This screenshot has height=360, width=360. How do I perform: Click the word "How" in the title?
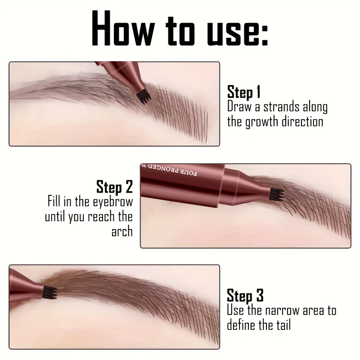123,28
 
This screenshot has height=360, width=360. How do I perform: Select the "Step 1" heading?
244,92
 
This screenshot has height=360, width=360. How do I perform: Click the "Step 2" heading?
115,187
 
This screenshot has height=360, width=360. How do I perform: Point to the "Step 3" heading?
245,296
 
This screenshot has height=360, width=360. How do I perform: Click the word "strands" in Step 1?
281,107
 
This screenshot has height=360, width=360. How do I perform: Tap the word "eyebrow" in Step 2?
113,202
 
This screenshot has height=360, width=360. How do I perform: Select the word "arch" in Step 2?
122,231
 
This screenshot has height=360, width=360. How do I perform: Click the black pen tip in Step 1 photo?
144,97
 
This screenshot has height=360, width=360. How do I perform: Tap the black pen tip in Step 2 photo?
277,195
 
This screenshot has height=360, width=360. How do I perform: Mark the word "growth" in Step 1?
261,122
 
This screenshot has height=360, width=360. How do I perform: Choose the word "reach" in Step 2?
101,217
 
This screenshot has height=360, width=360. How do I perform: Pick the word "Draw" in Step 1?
239,107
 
